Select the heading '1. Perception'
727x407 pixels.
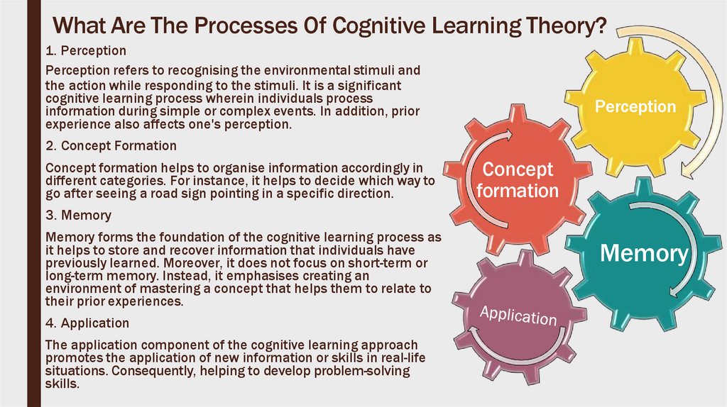pos(85,51)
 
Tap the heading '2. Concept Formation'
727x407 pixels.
pos(110,145)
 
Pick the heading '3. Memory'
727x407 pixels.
pos(77,214)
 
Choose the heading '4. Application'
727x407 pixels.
pos(87,323)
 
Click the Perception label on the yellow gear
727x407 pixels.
pos(635,107)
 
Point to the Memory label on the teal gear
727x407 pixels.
pos(644,254)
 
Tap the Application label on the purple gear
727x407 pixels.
pos(518,315)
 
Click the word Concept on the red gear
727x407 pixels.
pos(518,170)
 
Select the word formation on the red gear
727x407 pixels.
pos(518,191)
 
